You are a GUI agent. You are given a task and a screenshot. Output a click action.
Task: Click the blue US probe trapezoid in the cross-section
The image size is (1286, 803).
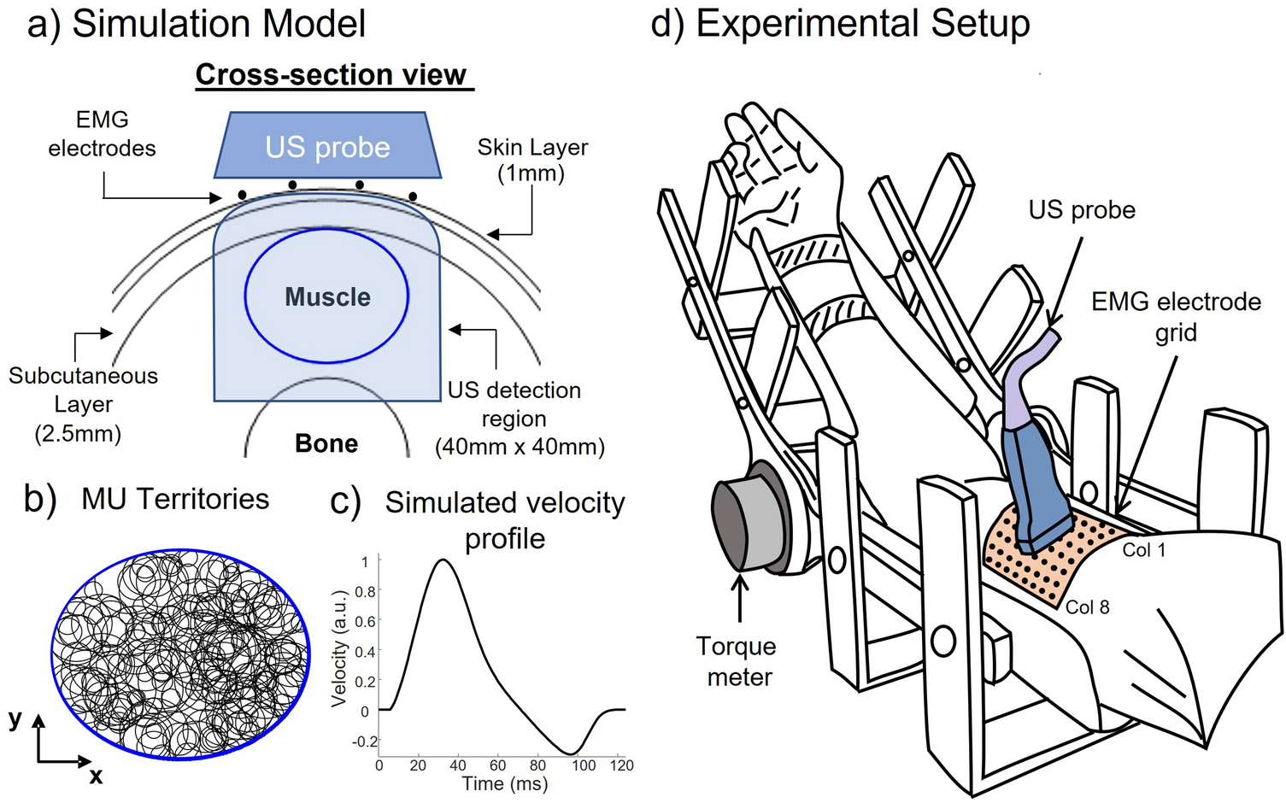(x=327, y=146)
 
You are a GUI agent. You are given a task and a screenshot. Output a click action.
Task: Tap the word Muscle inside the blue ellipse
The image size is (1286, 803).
(x=327, y=297)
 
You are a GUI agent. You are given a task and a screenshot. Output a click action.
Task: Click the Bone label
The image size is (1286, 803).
(x=326, y=443)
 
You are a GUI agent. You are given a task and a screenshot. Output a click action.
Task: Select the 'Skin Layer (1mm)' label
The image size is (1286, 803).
(x=532, y=161)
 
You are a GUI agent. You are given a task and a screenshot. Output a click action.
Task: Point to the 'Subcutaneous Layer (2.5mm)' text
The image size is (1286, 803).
(x=82, y=404)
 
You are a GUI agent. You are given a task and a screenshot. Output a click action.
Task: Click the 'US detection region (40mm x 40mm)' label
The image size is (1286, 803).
(x=518, y=419)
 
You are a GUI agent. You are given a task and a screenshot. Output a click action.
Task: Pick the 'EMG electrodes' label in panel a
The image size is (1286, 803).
(x=102, y=134)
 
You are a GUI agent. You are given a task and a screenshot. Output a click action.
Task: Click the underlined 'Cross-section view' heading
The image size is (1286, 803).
(x=332, y=75)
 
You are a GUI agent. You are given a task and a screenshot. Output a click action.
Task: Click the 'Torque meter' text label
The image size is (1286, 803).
(x=737, y=661)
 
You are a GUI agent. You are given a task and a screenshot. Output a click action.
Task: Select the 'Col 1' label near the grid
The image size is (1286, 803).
(x=1143, y=550)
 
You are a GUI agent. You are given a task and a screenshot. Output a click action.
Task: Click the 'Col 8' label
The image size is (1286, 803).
(x=1087, y=607)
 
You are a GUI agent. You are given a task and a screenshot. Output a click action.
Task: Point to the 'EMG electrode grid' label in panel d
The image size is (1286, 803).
(x=1176, y=316)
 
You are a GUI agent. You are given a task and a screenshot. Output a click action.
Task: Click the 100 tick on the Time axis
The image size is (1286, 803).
(x=584, y=765)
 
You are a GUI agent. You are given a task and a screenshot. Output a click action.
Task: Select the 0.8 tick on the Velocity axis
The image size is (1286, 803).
(x=365, y=591)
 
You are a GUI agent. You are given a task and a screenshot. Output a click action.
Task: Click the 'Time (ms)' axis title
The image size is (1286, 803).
(x=504, y=783)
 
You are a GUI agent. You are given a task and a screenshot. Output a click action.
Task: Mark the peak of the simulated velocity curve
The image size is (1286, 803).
(x=442, y=560)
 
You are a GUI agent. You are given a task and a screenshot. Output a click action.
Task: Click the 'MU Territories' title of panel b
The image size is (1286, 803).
(x=175, y=499)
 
